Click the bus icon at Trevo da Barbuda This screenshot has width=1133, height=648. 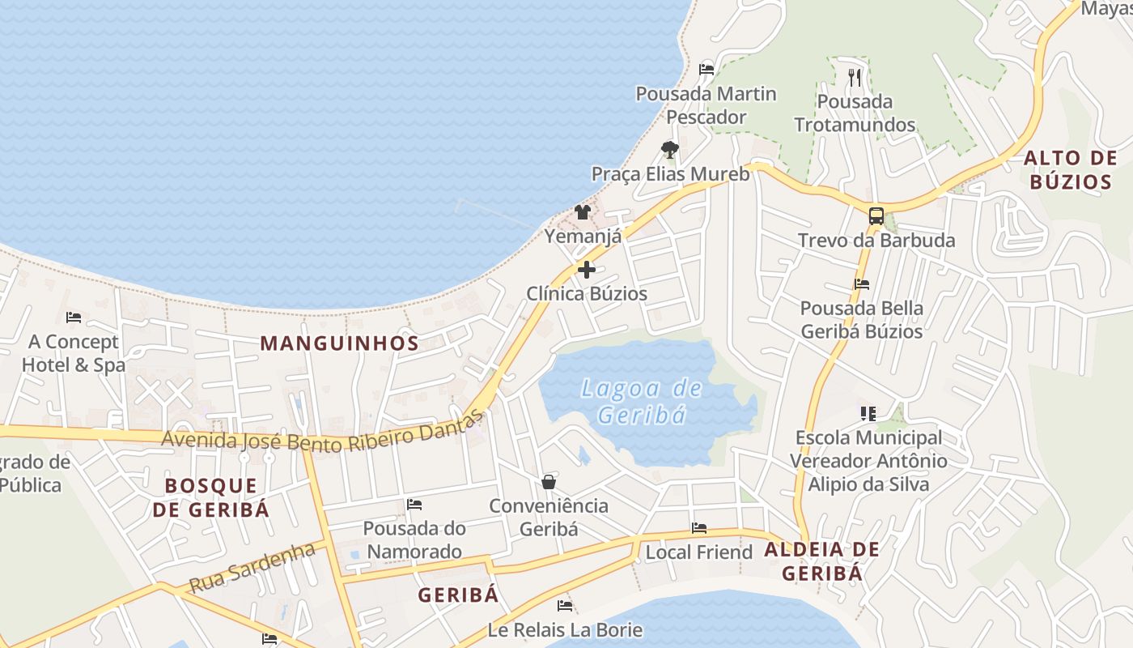pyautogui.click(x=876, y=215)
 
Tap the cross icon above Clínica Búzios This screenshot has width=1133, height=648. pyautogui.click(x=587, y=270)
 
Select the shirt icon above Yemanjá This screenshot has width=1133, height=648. pyautogui.click(x=582, y=212)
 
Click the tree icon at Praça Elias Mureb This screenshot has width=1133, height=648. pyautogui.click(x=669, y=150)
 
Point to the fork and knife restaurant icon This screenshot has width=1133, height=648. pyautogui.click(x=855, y=78)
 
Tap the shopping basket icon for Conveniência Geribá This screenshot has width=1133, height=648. pyautogui.click(x=549, y=482)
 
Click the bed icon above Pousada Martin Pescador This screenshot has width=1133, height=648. pyautogui.click(x=707, y=70)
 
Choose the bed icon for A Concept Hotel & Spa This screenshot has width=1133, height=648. pyautogui.click(x=74, y=317)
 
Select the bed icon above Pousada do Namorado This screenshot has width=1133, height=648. pyautogui.click(x=414, y=505)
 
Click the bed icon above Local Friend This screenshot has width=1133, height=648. pyautogui.click(x=699, y=528)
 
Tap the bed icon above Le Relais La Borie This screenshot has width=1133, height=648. pyautogui.click(x=565, y=605)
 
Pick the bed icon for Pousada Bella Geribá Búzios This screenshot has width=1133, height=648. pyautogui.click(x=862, y=284)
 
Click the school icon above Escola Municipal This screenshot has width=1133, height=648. pyautogui.click(x=868, y=414)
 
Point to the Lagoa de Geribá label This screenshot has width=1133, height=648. pyautogui.click(x=642, y=402)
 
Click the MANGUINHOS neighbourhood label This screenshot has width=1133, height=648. pyautogui.click(x=339, y=343)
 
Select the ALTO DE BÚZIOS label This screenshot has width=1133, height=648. pyautogui.click(x=1070, y=169)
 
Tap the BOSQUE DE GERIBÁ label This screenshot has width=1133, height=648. pyautogui.click(x=210, y=497)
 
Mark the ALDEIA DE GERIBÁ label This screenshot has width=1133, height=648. pyautogui.click(x=821, y=561)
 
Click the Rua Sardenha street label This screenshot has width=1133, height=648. pyautogui.click(x=252, y=567)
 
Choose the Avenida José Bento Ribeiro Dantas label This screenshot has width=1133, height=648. pyautogui.click(x=323, y=438)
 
